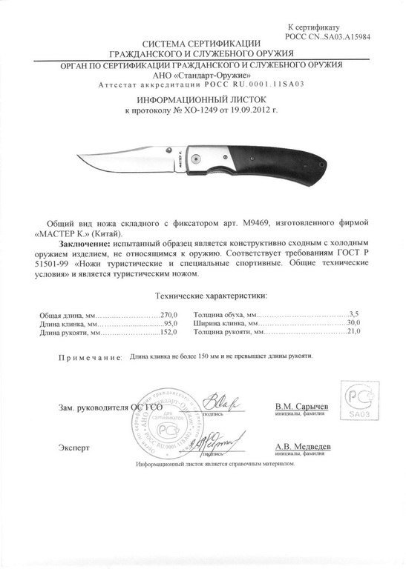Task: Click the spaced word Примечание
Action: click(90, 358)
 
